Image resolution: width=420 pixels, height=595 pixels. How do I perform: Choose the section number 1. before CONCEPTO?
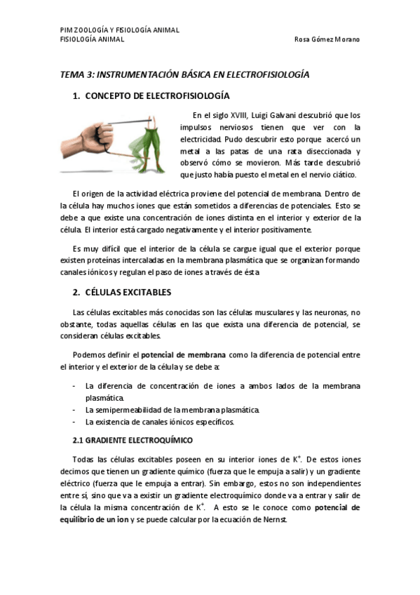click(x=76, y=96)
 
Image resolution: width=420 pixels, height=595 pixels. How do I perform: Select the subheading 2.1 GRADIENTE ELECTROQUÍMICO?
click(x=133, y=440)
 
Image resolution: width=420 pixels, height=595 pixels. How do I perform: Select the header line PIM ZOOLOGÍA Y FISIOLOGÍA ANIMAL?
click(x=119, y=30)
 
